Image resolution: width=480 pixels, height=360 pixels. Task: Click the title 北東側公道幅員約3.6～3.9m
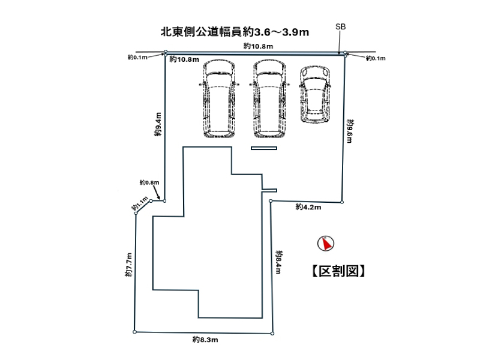[235, 32]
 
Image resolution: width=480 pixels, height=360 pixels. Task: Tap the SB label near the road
[340, 27]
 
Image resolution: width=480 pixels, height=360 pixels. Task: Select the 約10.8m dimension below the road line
[184, 59]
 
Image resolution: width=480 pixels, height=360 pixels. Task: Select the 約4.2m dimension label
[308, 207]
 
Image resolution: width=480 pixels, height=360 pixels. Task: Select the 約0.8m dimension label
[149, 182]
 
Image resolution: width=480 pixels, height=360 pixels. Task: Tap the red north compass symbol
[326, 244]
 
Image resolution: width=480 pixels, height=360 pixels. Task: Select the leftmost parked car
[217, 100]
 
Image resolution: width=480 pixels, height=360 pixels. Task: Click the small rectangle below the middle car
[263, 148]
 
